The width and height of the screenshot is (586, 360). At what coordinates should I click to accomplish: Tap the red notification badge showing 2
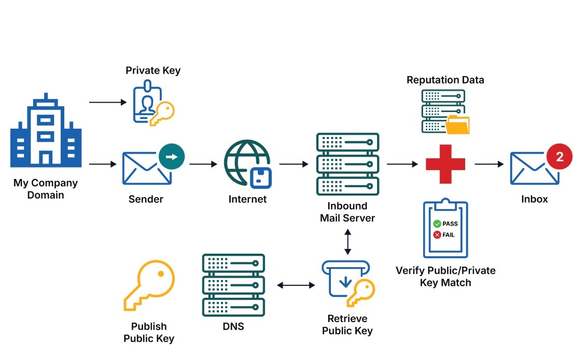[x=559, y=157]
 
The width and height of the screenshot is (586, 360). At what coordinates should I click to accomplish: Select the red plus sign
[x=445, y=164]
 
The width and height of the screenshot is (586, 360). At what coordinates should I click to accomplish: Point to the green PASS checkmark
[x=437, y=224]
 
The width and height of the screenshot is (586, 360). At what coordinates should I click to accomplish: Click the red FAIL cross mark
[x=437, y=235]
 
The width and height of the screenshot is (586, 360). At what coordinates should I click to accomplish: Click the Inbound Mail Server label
[x=347, y=212]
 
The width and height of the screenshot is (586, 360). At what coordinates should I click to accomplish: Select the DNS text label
[x=233, y=327]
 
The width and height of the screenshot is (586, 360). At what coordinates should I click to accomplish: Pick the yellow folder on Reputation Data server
[x=457, y=125]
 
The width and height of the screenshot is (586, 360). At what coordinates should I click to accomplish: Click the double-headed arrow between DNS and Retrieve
[x=296, y=285]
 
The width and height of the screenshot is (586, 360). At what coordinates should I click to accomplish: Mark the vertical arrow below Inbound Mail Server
[x=347, y=243]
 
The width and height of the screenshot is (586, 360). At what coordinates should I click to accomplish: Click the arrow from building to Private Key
[x=108, y=102]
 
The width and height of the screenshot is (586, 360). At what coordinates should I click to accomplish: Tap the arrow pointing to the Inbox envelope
[x=489, y=164]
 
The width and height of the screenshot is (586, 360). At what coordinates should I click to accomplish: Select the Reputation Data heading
[x=445, y=80]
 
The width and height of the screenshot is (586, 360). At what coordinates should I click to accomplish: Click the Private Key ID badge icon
[x=147, y=104]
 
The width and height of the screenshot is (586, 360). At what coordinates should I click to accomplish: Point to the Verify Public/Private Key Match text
[x=445, y=276]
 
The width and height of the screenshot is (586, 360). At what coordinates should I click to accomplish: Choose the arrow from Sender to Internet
[x=203, y=164]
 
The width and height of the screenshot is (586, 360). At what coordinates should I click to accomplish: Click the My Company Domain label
[x=46, y=189]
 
